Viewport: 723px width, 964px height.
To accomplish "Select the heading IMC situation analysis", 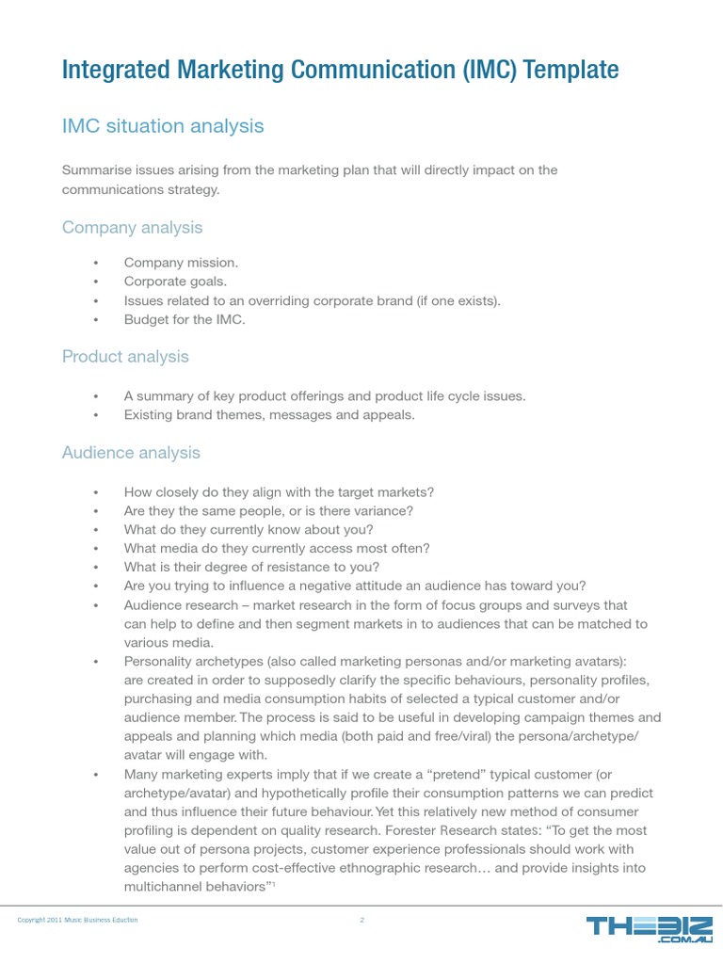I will tap(163, 125).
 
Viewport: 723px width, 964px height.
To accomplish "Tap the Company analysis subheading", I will tap(132, 228).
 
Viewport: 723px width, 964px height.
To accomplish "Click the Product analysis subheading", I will tap(125, 357).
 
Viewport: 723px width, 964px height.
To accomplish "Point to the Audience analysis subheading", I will tap(131, 453).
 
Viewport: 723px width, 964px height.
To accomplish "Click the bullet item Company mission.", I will tap(181, 264).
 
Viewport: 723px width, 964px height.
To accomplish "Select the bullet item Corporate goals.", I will tap(175, 281).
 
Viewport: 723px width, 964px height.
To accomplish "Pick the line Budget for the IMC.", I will tap(184, 319).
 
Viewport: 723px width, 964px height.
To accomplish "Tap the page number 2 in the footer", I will tap(361, 920).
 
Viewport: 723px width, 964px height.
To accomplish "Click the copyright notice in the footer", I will tap(77, 920).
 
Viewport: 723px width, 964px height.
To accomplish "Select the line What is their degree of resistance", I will tap(251, 567).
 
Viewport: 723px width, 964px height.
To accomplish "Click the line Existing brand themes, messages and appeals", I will tap(269, 414).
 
